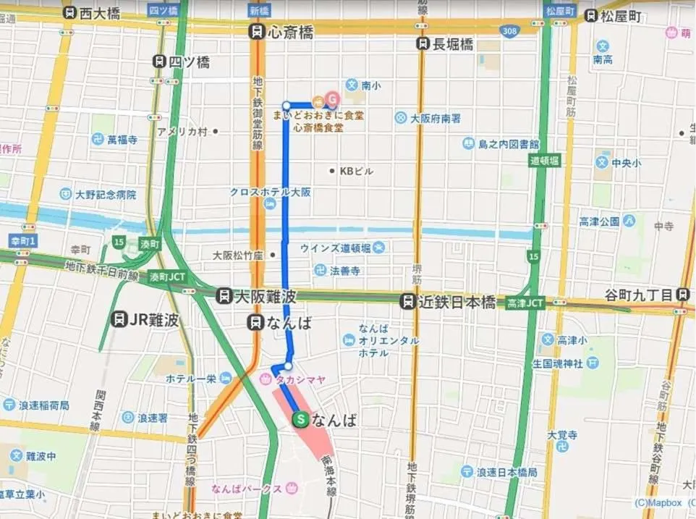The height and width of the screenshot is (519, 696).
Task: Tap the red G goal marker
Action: [332, 97]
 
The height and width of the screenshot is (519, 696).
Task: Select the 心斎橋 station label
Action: [281, 32]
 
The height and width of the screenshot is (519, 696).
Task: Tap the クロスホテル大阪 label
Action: [270, 193]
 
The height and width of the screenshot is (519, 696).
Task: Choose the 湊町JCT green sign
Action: [168, 277]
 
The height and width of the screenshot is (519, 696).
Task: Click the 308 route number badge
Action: [509, 31]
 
